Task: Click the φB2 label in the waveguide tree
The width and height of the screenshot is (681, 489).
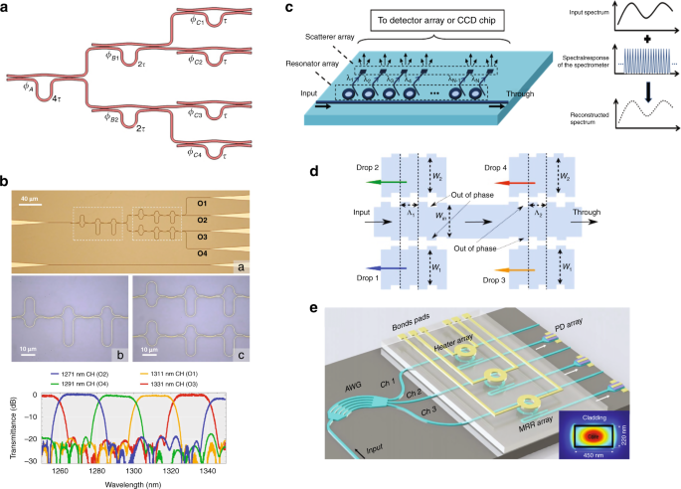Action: pyautogui.click(x=117, y=116)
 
